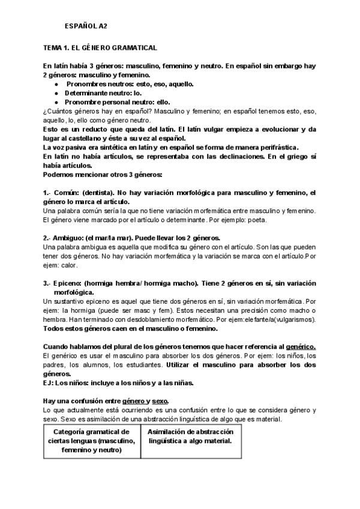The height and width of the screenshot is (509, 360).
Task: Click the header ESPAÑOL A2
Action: point(86,26)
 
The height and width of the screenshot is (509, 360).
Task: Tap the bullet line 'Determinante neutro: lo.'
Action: point(103,94)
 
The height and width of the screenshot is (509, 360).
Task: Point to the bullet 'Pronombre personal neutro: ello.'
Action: point(118,102)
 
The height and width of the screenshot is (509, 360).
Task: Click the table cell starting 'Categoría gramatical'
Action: point(92,441)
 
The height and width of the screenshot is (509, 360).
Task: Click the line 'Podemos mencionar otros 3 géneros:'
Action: point(103,175)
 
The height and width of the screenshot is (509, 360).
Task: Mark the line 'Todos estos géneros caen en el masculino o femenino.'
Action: point(130,328)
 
